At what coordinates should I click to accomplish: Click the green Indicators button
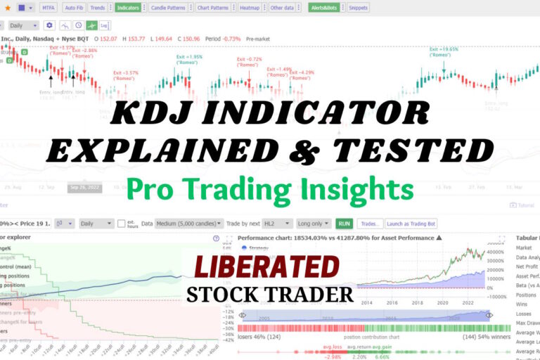click(x=127, y=8)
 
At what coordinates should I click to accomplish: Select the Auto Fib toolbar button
click(x=74, y=8)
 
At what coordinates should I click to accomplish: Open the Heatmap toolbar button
click(x=248, y=8)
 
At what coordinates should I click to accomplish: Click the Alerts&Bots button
click(x=324, y=8)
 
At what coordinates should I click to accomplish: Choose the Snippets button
click(x=358, y=8)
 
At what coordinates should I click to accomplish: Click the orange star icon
click(x=6, y=8)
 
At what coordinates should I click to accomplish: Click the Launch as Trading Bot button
click(x=411, y=224)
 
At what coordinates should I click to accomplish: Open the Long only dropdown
click(x=313, y=224)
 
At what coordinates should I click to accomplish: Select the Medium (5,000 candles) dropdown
click(x=189, y=224)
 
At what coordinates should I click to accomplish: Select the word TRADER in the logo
click(x=314, y=294)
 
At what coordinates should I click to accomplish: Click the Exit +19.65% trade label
click(x=444, y=50)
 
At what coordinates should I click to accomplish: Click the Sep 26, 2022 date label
click(x=84, y=188)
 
